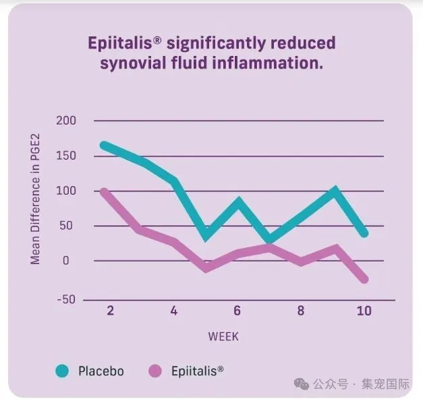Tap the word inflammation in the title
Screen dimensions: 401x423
click(269, 65)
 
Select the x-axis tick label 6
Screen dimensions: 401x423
click(237, 311)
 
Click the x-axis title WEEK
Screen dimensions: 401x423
click(223, 336)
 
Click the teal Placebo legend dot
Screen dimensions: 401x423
click(62, 371)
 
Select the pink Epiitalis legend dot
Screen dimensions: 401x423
click(155, 371)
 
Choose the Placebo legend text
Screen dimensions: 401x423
click(101, 371)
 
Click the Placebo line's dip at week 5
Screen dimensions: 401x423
click(206, 235)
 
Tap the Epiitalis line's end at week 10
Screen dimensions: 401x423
click(365, 278)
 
